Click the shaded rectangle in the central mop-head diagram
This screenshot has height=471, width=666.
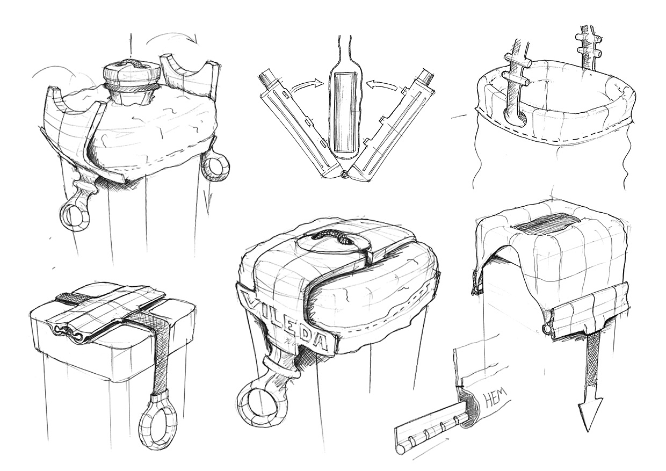point(345,112)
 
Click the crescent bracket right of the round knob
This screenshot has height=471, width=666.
point(190,74)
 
